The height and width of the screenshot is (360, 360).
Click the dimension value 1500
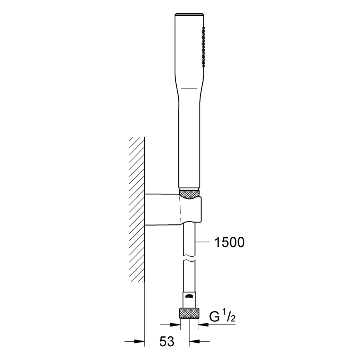click(x=228, y=242)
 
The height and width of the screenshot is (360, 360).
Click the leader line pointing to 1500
click(x=206, y=242)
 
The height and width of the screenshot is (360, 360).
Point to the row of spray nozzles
click(x=203, y=46)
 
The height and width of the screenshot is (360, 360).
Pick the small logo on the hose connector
click(x=189, y=296)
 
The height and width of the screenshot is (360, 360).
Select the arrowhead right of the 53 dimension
click(x=195, y=341)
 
